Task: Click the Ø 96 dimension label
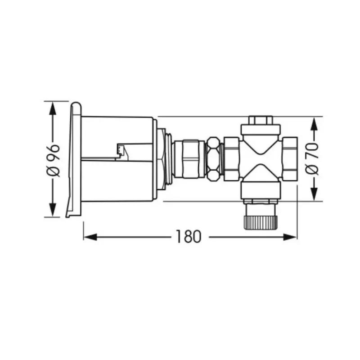click(54, 161)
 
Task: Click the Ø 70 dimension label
click(312, 159)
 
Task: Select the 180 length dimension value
click(189, 237)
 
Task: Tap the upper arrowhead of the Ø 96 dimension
click(53, 108)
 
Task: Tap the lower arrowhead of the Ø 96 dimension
click(53, 210)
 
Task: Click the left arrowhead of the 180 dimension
click(90, 237)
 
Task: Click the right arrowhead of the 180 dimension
click(290, 237)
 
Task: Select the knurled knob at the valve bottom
click(261, 222)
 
